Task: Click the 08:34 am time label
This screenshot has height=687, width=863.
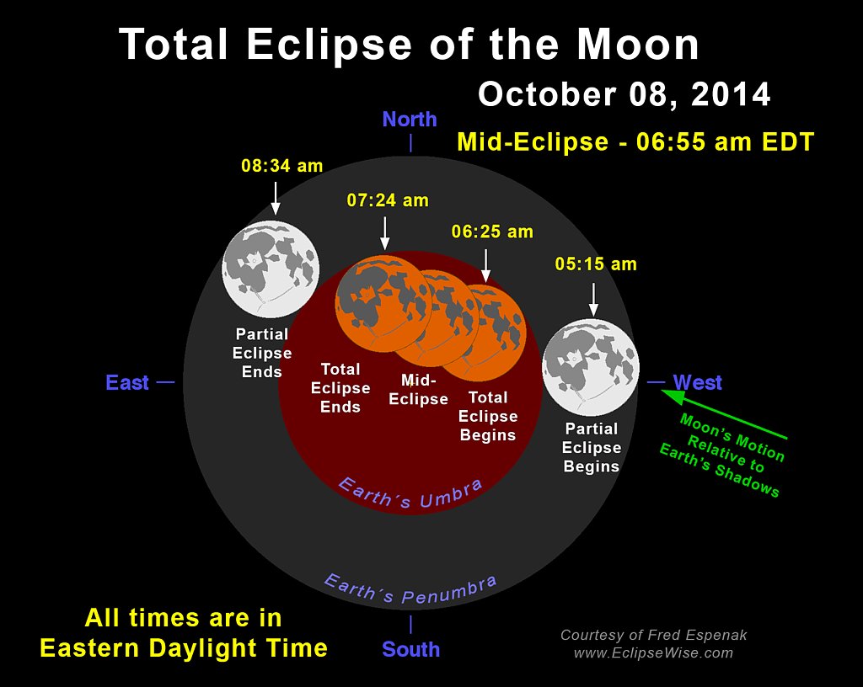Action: click(281, 165)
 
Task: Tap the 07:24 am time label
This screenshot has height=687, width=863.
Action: click(388, 200)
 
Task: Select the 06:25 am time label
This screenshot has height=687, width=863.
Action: click(492, 232)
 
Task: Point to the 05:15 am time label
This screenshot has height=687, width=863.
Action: click(596, 264)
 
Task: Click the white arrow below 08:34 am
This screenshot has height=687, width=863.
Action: click(276, 198)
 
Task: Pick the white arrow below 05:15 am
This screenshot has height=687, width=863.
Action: click(593, 300)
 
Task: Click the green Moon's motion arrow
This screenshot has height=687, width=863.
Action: click(724, 414)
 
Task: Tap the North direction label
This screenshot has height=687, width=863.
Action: click(410, 120)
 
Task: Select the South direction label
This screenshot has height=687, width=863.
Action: click(411, 649)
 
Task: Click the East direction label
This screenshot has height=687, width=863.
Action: click(127, 382)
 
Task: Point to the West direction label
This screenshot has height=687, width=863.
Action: click(697, 382)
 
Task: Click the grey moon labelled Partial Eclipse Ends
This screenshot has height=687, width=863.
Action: click(271, 269)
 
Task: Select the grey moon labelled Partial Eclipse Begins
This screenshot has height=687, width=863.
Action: click(591, 367)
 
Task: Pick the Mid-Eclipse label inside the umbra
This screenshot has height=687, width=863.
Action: click(418, 390)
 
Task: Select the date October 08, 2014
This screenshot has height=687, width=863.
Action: click(624, 94)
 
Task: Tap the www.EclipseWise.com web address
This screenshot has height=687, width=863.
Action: click(653, 653)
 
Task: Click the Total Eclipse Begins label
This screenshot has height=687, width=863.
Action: click(488, 416)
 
